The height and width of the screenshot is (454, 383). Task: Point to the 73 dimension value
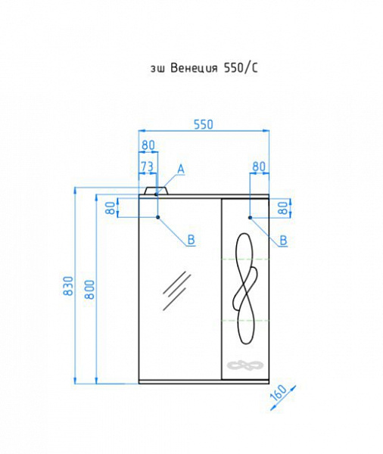click(148, 166)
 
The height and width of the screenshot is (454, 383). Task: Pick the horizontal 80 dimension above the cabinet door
click(259, 166)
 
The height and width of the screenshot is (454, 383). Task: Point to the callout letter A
click(181, 168)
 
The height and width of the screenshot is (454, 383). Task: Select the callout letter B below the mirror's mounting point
click(191, 240)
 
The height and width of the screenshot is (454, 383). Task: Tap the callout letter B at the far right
click(283, 240)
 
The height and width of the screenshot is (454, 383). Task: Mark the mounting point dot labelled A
click(157, 194)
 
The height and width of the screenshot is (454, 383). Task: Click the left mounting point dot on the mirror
click(157, 218)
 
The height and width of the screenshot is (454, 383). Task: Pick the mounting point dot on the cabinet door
click(249, 218)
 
